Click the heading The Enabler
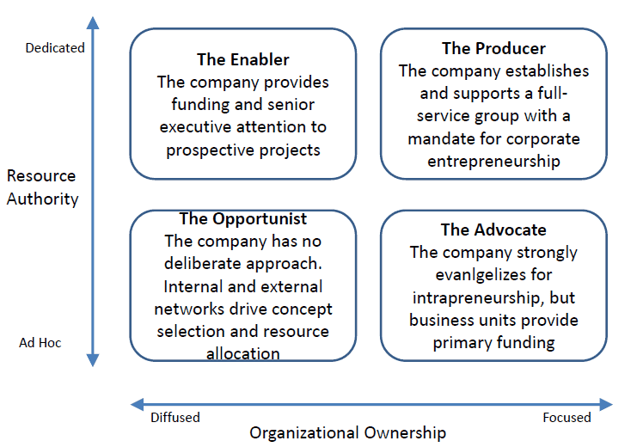(242, 60)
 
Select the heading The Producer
(493, 48)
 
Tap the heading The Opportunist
(242, 219)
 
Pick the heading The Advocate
(493, 230)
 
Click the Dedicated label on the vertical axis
(55, 48)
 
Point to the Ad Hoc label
(40, 342)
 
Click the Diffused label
(175, 418)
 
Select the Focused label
(566, 418)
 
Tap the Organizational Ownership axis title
(348, 433)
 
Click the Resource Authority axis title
(42, 187)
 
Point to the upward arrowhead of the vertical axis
(93, 23)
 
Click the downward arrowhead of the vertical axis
(93, 360)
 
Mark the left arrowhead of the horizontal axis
(137, 404)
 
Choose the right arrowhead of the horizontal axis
(606, 404)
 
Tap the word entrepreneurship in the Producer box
(493, 162)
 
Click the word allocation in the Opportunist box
(242, 353)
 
